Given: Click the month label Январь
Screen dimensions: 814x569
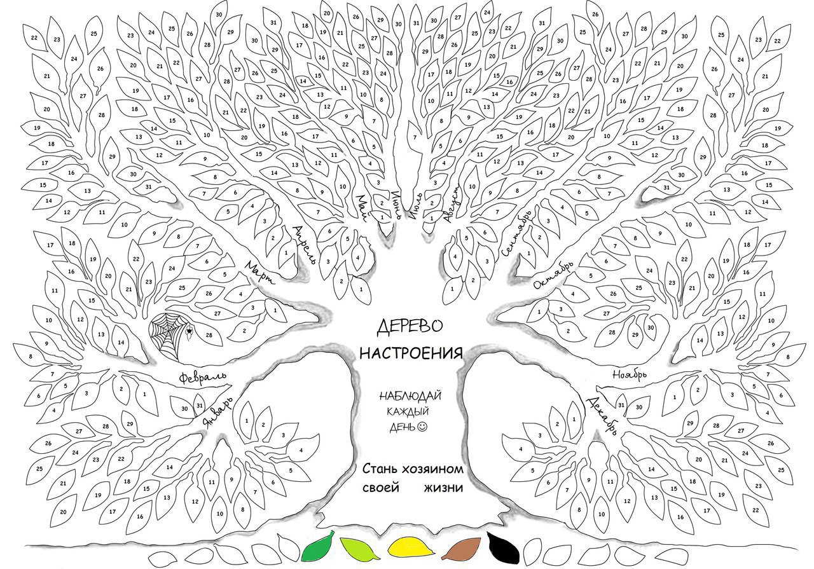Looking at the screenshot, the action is pos(217,412).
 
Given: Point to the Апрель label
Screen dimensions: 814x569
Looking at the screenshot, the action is pos(305,244).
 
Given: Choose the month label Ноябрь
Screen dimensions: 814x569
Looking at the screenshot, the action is pos(630,374).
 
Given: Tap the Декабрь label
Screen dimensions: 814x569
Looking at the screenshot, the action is pos(602,416).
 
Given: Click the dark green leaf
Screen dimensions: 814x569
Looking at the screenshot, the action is pos(317,547).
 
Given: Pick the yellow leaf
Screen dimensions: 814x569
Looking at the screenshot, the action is pos(411,547).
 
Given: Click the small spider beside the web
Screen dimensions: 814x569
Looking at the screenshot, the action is pos(190,331).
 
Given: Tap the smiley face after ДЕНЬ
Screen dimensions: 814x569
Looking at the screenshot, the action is pos(423,427).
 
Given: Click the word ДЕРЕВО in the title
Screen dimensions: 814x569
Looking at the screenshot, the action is pos(410,326).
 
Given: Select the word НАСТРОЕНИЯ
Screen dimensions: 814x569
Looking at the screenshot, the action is pos(411,353).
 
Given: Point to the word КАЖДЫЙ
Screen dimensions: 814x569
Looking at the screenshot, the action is pos(408,411).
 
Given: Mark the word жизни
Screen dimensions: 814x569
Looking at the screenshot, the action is pos(443,488).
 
